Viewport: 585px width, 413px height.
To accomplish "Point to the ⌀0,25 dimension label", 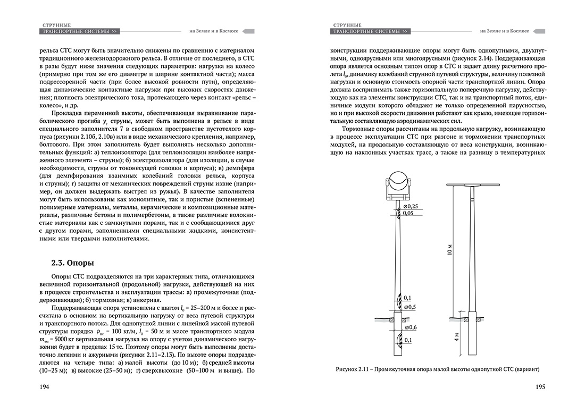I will pyautogui.click(x=410, y=206).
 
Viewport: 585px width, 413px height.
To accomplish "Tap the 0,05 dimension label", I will pyautogui.click(x=408, y=213).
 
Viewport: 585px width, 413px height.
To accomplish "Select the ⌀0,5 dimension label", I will pyautogui.click(x=410, y=307).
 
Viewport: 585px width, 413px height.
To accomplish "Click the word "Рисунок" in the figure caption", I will pyautogui.click(x=348, y=369).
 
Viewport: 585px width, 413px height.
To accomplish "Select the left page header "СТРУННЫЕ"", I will pyautogui.click(x=56, y=24).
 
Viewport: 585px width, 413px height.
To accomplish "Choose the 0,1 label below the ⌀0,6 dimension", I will pyautogui.click(x=408, y=340).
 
